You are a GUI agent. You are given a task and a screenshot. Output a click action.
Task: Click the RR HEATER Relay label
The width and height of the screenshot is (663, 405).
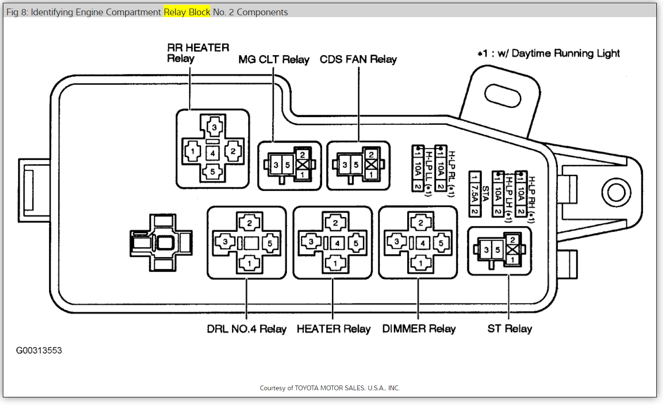(x=198, y=53)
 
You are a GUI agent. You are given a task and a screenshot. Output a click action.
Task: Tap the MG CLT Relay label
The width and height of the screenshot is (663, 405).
(x=274, y=59)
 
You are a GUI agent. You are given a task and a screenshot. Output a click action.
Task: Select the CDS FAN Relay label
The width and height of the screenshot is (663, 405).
(x=358, y=59)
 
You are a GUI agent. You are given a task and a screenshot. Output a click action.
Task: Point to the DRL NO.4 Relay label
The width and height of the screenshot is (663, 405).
(x=246, y=329)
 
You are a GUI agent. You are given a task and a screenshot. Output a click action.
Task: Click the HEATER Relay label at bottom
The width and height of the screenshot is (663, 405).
(x=333, y=329)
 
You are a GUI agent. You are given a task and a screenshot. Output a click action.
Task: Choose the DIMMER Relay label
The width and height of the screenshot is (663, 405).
(x=419, y=329)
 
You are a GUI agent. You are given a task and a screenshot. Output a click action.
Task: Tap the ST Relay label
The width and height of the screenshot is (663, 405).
(x=509, y=329)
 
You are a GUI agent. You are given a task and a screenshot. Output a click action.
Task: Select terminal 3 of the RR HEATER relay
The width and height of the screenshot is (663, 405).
(x=214, y=128)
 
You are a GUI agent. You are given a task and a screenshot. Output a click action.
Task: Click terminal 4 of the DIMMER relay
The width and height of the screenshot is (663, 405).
(x=422, y=243)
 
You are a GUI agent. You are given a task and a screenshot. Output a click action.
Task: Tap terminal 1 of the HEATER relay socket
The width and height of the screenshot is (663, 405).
(x=336, y=263)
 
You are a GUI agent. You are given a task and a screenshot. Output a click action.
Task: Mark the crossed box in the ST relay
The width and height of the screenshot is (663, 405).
(x=512, y=249)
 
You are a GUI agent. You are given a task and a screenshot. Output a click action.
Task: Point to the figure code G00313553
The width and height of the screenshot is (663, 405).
(x=39, y=351)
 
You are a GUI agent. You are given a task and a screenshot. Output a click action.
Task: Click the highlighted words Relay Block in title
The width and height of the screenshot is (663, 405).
(x=187, y=12)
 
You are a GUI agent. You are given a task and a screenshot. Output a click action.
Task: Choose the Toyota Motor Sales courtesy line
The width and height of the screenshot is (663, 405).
(x=330, y=388)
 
